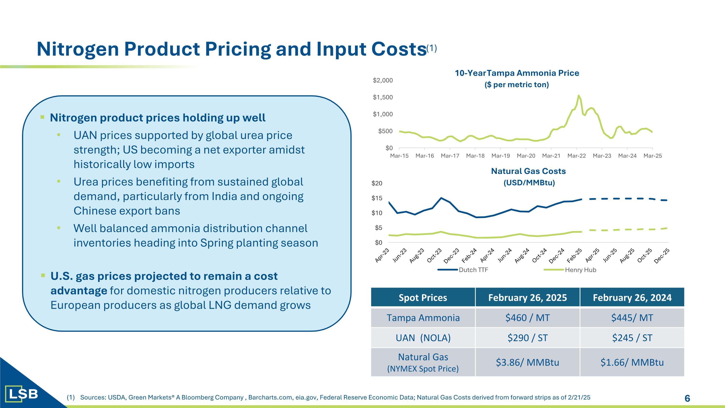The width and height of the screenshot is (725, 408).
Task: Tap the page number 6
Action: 687,398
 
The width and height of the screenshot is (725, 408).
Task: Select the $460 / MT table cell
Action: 527,318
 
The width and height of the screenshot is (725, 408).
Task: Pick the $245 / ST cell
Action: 632,338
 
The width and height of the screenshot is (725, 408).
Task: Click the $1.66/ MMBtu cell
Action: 632,362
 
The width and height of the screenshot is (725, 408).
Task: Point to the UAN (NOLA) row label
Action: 423,338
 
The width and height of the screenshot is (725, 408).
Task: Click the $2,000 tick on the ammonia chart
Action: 383,81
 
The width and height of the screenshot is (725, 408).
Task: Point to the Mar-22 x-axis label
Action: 576,156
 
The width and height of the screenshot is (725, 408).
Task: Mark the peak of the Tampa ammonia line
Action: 578,96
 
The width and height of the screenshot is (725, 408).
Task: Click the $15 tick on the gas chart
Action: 377,198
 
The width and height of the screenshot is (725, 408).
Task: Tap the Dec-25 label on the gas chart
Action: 662,256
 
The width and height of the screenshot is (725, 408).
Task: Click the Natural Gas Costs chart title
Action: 528,171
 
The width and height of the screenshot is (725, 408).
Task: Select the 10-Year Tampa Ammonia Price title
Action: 517,73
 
